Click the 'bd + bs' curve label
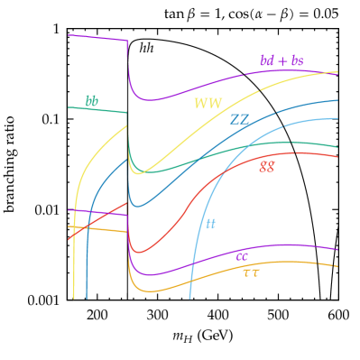(282, 61)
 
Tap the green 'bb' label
(92, 102)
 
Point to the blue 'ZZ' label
(240, 119)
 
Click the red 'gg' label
(267, 165)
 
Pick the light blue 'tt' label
(210, 223)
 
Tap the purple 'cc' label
(242, 256)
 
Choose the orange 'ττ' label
(251, 272)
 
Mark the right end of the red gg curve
(337, 156)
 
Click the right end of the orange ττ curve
(337, 266)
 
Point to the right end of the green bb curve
(337, 146)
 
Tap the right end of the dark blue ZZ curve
(337, 100)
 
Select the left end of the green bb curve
(69, 107)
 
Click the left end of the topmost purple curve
(69, 35)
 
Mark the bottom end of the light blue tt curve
(189, 298)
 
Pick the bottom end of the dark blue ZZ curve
(87, 298)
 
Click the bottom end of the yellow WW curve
(73, 298)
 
